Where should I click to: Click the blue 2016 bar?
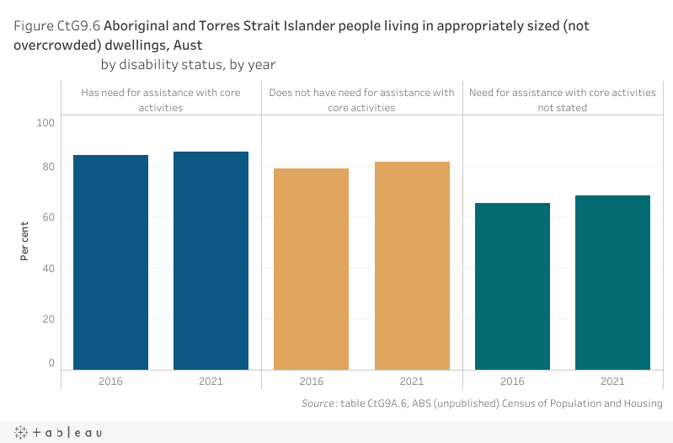click(111, 262)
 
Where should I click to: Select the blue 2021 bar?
click(211, 260)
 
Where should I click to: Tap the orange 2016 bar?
click(312, 269)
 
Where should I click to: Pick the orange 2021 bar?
click(412, 265)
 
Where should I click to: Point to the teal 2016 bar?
click(512, 286)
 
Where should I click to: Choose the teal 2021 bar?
click(612, 282)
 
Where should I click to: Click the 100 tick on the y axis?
click(45, 123)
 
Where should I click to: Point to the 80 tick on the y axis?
click(48, 167)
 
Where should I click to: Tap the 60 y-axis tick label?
click(48, 217)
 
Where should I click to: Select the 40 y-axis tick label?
click(48, 269)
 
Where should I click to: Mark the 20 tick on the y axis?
click(48, 319)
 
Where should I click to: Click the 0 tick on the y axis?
click(51, 363)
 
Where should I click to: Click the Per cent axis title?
click(25, 241)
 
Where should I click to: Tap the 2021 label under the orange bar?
click(412, 382)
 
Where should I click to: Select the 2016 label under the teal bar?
click(512, 382)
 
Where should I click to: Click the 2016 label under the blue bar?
click(111, 382)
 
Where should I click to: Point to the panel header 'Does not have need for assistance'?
click(361, 100)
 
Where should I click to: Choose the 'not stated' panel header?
click(562, 100)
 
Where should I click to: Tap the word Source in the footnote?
click(317, 403)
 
